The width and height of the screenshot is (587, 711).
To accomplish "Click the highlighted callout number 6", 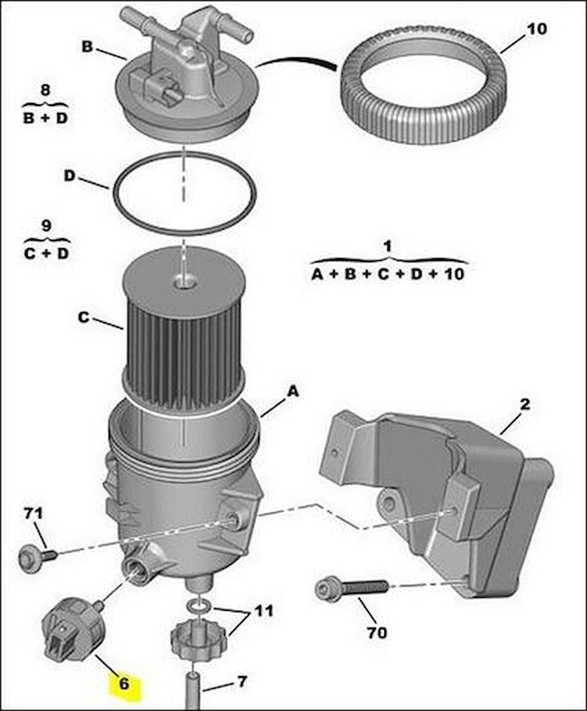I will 124,684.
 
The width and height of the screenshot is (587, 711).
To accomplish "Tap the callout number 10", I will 536,29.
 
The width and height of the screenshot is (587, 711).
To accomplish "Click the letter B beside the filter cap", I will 87,47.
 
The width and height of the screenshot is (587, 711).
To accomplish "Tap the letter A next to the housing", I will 293,392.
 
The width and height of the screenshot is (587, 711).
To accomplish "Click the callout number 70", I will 377,633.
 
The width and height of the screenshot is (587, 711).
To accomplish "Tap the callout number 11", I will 264,610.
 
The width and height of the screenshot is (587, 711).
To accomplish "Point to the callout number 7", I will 241,681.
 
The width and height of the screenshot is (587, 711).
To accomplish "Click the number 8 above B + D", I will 45,91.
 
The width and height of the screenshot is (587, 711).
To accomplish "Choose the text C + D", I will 46,253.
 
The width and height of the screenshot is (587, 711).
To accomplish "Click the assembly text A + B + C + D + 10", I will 388,274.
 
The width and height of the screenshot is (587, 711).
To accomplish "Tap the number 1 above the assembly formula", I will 388,246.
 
